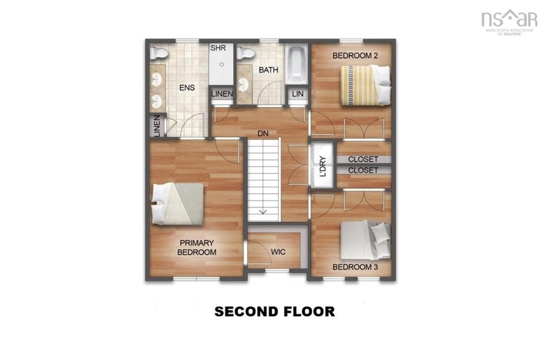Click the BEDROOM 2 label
(x=355, y=56)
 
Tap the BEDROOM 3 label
(x=355, y=267)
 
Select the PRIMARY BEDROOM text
(x=197, y=247)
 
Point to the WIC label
(x=278, y=252)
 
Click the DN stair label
(x=263, y=133)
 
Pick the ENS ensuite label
(x=187, y=87)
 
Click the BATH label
(x=268, y=70)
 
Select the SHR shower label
(x=218, y=48)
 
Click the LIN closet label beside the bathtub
(x=298, y=94)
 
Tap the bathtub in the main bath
(x=296, y=64)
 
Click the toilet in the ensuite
(x=158, y=53)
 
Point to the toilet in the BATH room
(x=246, y=53)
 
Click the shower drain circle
(x=222, y=65)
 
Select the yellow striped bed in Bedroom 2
(x=366, y=85)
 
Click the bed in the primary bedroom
(x=177, y=204)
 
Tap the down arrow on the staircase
(x=263, y=212)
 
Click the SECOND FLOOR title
(x=275, y=312)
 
